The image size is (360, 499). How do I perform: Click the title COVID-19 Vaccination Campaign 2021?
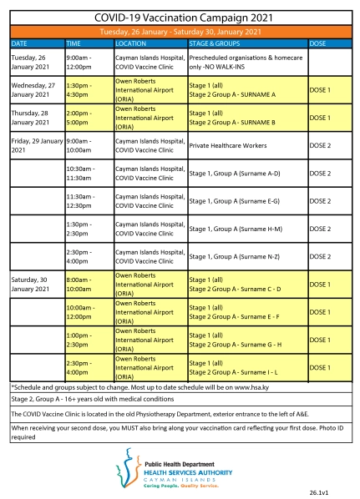coord(180,16)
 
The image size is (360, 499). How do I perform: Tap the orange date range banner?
coord(180,31)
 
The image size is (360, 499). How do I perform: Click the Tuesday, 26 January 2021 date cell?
coord(36,62)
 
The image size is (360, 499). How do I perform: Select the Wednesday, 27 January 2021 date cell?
coord(36,89)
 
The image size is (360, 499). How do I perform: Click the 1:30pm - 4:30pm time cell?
coord(88,89)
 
